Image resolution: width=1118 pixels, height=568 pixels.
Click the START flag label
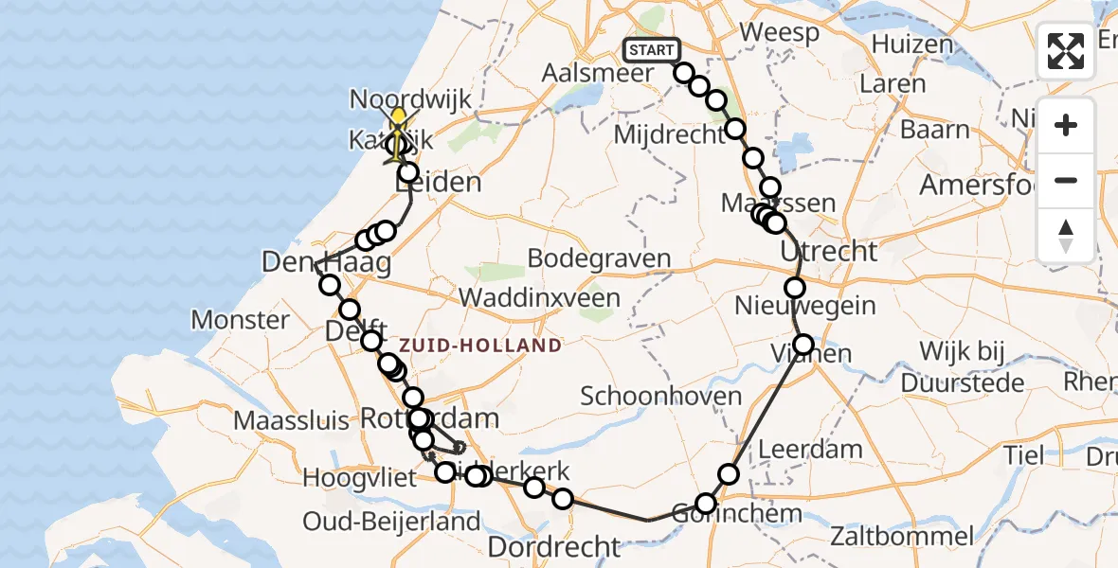(651, 49)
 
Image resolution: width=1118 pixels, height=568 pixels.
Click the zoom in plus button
(1066, 125)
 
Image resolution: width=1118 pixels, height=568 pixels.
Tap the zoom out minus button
(1066, 180)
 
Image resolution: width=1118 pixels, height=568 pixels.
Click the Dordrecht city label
(553, 546)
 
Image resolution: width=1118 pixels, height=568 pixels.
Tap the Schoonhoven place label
(661, 396)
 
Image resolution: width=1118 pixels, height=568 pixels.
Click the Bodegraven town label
(599, 258)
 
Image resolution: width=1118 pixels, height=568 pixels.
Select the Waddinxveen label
(540, 297)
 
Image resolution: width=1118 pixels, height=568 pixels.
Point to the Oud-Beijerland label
(391, 522)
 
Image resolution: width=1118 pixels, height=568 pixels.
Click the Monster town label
(241, 320)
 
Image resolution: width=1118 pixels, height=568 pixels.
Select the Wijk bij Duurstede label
(963, 367)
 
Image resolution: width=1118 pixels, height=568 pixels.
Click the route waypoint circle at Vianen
(803, 345)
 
